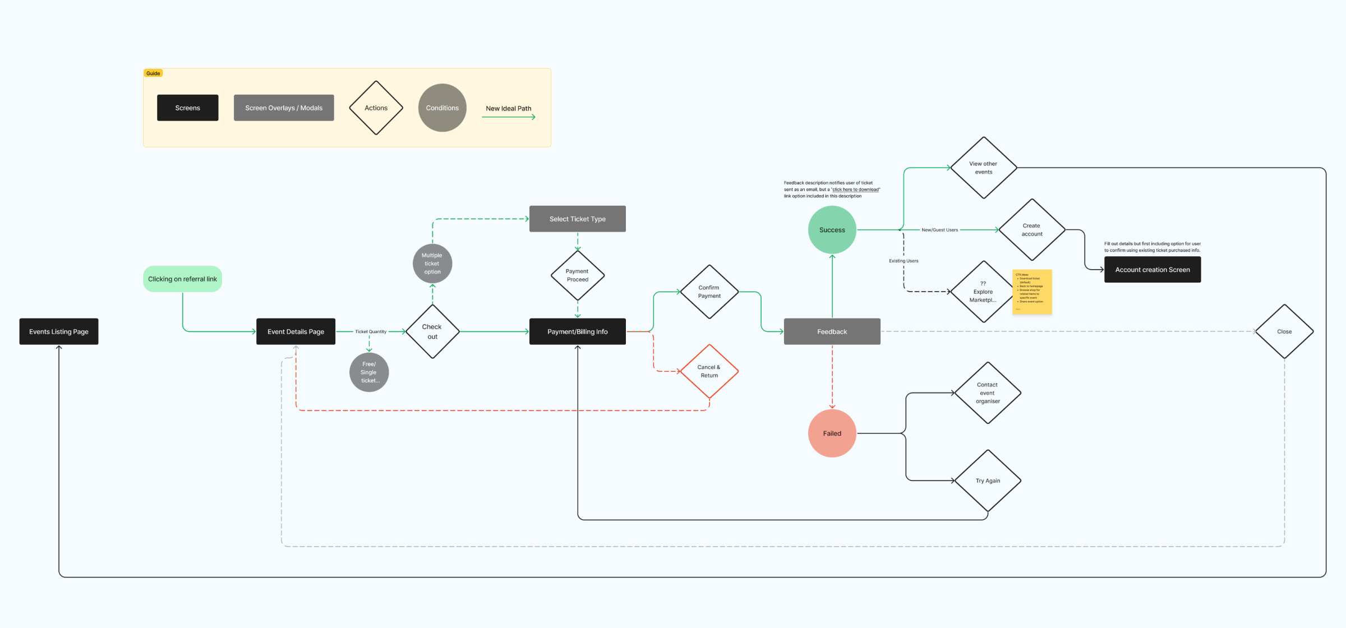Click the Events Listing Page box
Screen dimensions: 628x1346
pos(59,331)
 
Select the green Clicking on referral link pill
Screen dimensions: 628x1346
pos(182,279)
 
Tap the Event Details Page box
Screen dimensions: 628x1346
pos(296,331)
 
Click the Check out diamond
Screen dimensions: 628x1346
pos(432,331)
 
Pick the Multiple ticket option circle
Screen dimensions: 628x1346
pos(432,264)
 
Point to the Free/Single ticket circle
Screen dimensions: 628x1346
pos(369,372)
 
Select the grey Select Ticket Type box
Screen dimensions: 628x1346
pos(578,219)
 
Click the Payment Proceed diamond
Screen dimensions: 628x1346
pos(578,275)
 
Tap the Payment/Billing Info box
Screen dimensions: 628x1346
pos(578,331)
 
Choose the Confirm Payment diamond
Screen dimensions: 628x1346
pos(709,292)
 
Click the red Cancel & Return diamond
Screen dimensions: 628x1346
pos(709,371)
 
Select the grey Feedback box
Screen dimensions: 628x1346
pos(832,331)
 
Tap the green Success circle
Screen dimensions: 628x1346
pos(832,230)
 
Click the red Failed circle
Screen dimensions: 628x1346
pos(832,433)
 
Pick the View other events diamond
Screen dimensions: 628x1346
pos(984,168)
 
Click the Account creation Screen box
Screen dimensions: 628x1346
pos(1153,270)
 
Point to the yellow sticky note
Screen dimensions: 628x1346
pos(1032,292)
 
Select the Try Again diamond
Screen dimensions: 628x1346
pos(988,481)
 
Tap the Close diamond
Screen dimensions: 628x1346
pos(1284,331)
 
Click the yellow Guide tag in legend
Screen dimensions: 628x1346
pos(153,73)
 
